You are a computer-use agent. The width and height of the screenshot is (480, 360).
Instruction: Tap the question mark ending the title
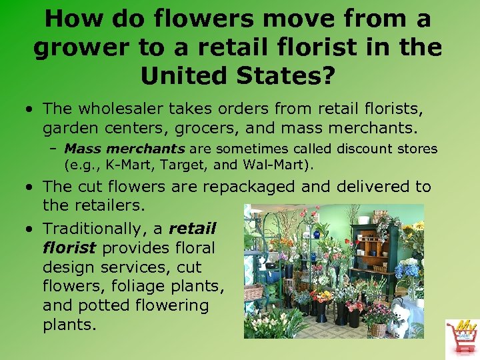click(327, 75)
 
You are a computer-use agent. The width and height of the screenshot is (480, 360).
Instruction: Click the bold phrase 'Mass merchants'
click(125, 148)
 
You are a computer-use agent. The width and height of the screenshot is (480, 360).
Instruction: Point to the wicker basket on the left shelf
click(253, 291)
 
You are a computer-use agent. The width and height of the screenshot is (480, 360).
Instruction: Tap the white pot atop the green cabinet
click(364, 219)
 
